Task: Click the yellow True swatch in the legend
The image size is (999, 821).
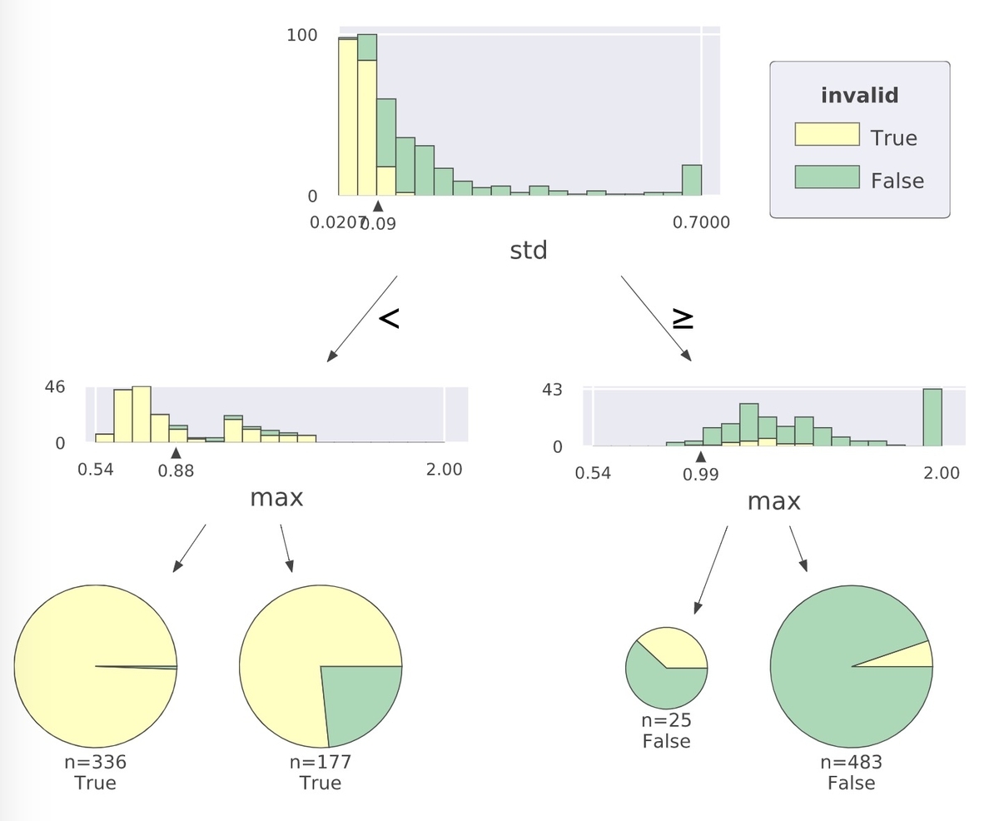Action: coord(827,134)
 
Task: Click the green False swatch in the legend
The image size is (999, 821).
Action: coord(827,177)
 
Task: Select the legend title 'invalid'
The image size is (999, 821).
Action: coord(859,96)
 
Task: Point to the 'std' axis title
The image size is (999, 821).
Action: coord(529,250)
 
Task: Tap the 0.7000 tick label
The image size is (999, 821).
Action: coord(702,222)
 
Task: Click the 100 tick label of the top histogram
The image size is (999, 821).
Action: coord(301,35)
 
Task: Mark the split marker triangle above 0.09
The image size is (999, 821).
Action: coord(378,206)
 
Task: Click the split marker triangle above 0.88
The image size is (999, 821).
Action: coord(176,452)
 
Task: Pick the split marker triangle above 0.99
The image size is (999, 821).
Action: coord(701,456)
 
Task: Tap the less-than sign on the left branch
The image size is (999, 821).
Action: coord(389,318)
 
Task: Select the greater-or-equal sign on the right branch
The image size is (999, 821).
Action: coord(683,320)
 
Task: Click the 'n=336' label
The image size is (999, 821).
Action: coord(95,762)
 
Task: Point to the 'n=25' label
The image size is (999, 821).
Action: coord(666,721)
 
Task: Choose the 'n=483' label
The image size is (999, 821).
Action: coord(851,762)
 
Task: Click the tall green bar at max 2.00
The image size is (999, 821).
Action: coord(932,417)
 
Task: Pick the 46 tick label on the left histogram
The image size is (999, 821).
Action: coord(55,387)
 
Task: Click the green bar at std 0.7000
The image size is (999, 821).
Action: coord(692,180)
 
